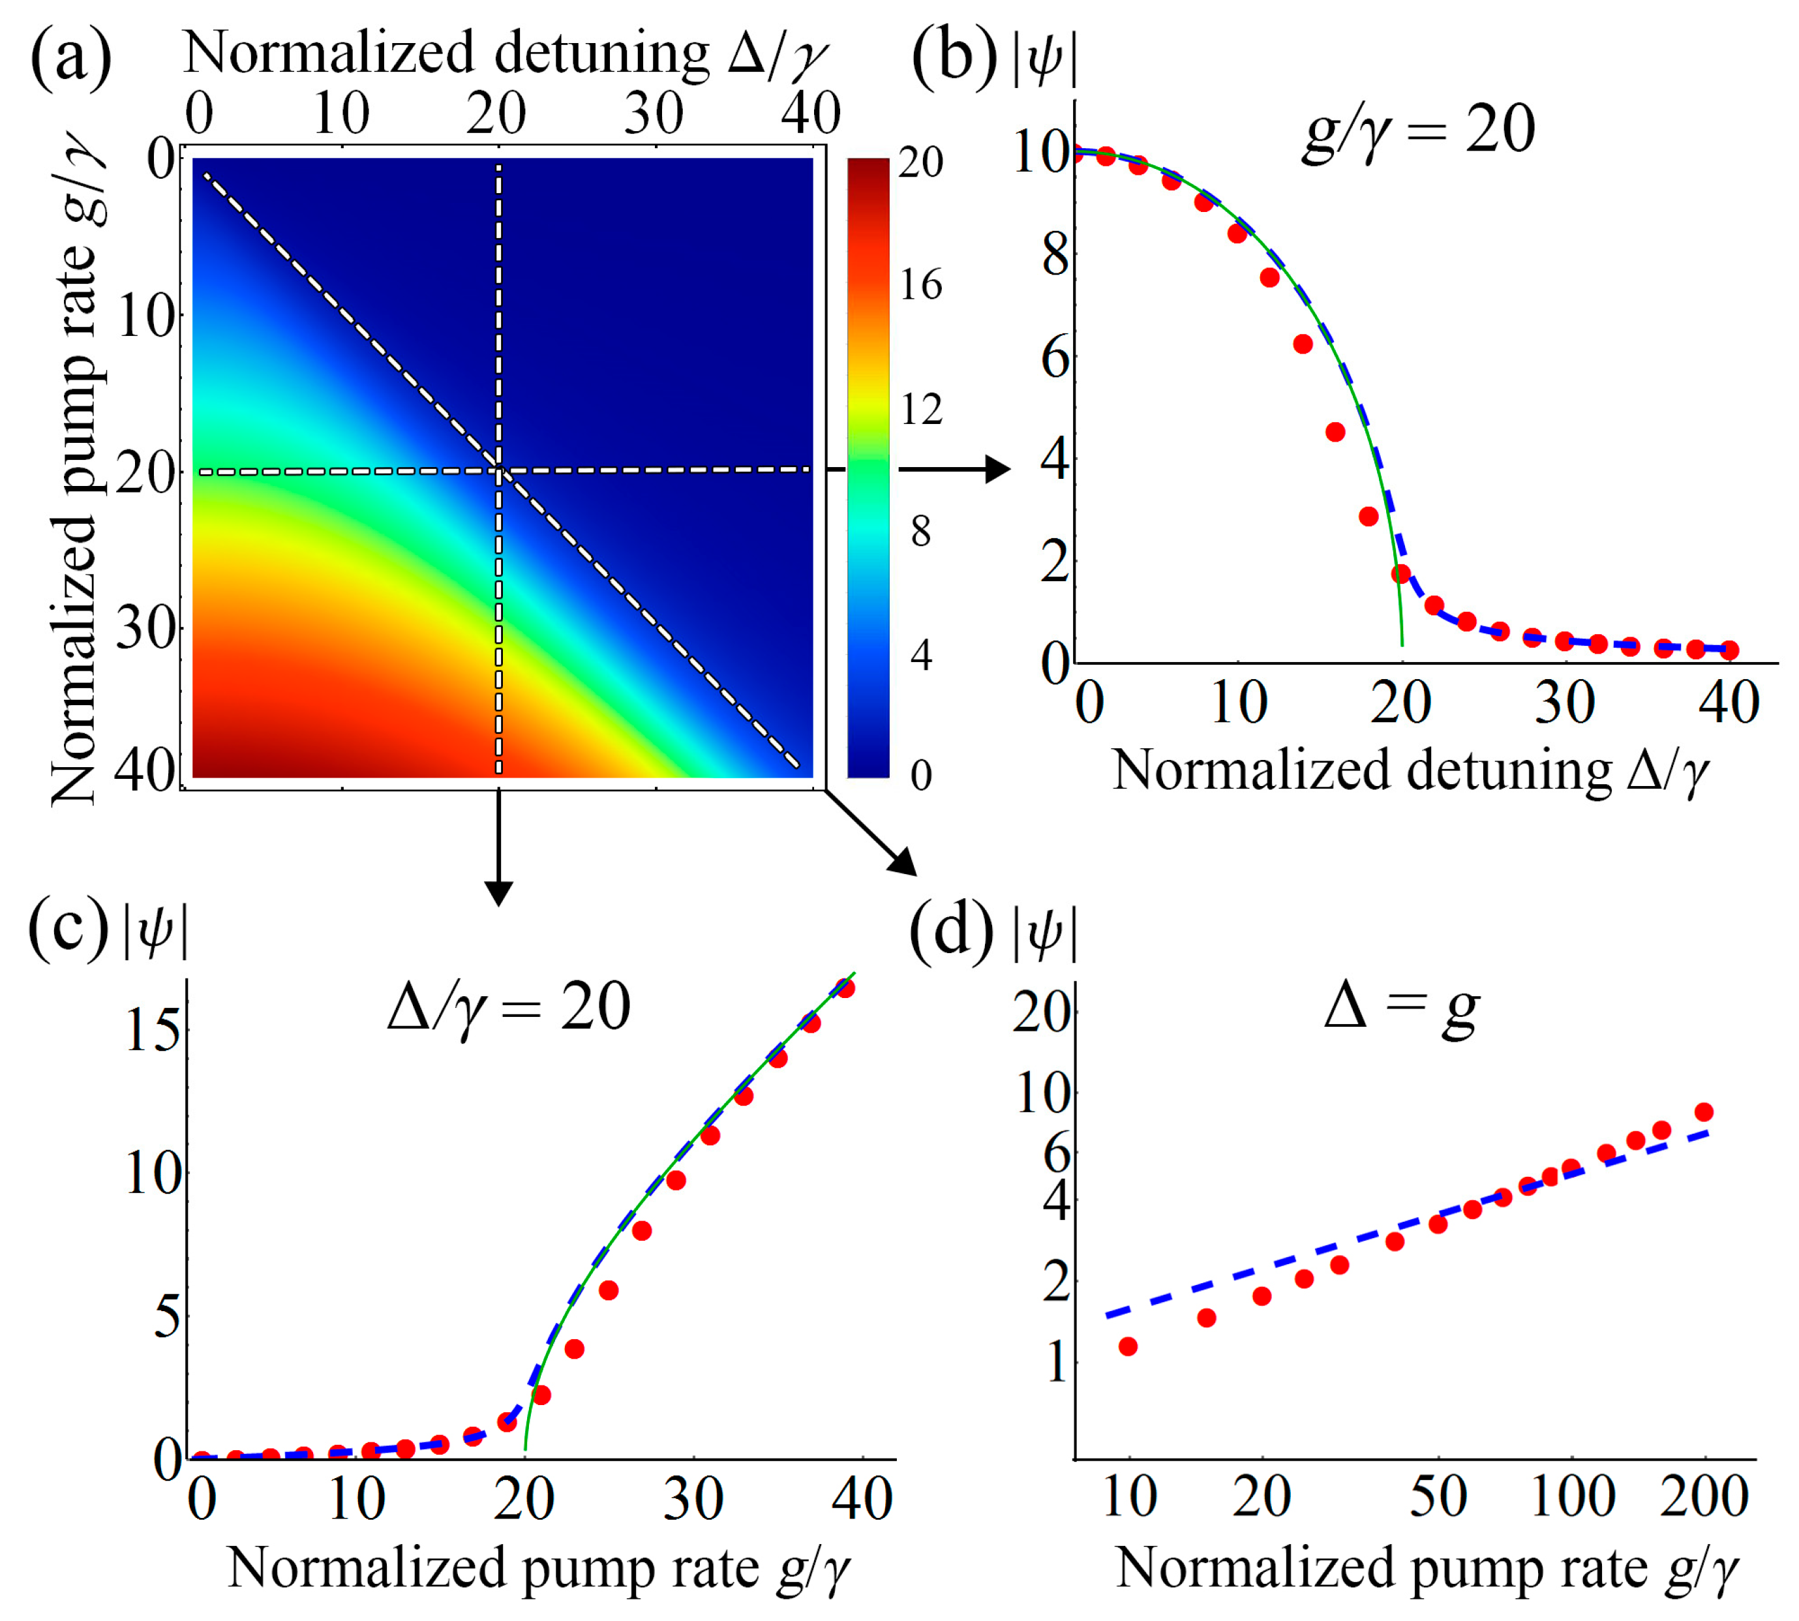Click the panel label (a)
(70, 58)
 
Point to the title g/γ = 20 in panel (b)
(1419, 131)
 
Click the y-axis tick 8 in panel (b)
(1055, 256)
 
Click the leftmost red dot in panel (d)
(1128, 1346)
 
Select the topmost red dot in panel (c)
(846, 988)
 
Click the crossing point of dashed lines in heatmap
(499, 470)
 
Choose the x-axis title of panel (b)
(1412, 770)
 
